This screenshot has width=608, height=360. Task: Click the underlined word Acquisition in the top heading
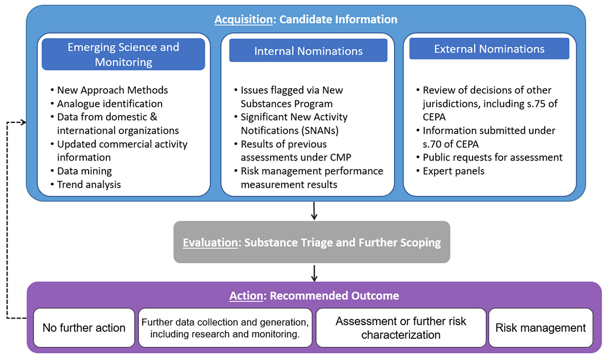[243, 20]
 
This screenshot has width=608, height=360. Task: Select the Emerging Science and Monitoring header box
[123, 55]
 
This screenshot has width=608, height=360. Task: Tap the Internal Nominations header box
[308, 51]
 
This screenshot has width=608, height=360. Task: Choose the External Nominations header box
[489, 49]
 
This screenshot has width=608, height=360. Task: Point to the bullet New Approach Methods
[112, 90]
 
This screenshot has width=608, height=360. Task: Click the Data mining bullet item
[84, 171]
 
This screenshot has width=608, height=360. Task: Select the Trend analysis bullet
[89, 184]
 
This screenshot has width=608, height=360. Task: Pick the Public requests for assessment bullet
[492, 157]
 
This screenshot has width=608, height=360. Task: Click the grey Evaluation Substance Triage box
[312, 243]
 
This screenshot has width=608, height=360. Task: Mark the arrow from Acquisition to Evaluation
[314, 211]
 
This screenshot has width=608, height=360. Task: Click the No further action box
[84, 328]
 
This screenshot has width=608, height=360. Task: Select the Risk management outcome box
[541, 328]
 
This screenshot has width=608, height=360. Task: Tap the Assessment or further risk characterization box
[401, 328]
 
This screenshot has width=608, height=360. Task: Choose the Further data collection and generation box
[225, 328]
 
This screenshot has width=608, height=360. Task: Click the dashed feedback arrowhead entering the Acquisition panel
[22, 122]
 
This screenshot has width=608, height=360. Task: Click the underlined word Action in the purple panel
[246, 296]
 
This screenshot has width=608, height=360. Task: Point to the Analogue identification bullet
[109, 104]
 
